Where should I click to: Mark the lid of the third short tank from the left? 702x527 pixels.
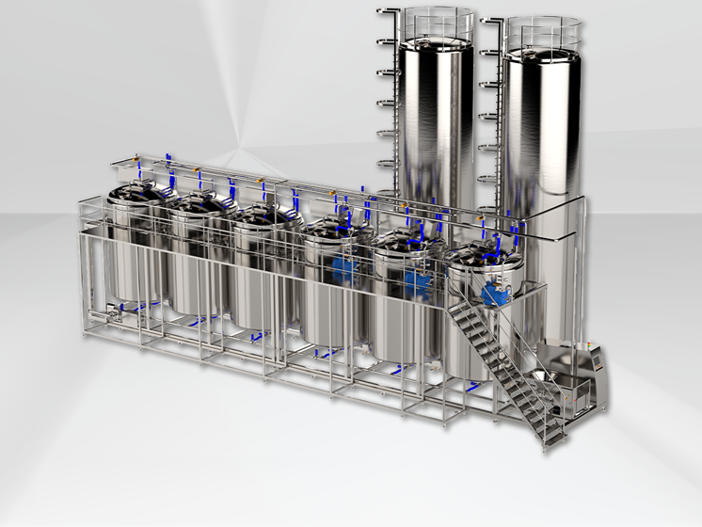pos(263,215)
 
